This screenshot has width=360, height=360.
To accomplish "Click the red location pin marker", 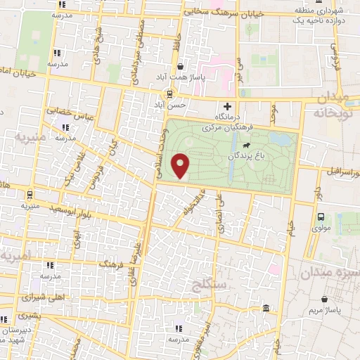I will pyautogui.click(x=182, y=166).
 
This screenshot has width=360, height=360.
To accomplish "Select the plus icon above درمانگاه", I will pyautogui.click(x=226, y=105).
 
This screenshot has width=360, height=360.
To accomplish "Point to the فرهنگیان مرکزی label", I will pyautogui.click(x=226, y=128).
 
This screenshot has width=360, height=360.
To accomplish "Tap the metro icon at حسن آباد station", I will pyautogui.click(x=169, y=94).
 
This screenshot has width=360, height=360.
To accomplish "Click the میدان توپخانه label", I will pyautogui.click(x=330, y=105).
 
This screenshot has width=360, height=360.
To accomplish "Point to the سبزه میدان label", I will pyautogui.click(x=330, y=273).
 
